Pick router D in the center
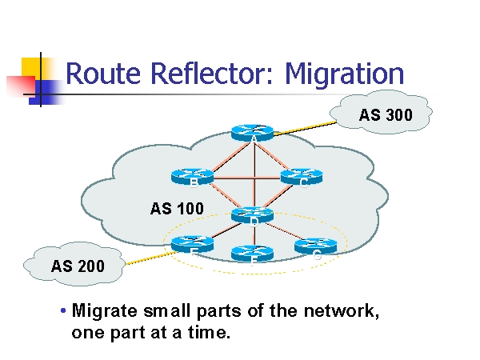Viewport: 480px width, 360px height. (x=253, y=214)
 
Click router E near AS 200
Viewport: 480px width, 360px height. (x=192, y=242)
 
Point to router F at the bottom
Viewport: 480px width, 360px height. (x=253, y=252)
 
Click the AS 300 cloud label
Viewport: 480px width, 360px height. (x=386, y=115)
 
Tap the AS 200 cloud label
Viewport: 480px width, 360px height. (x=78, y=266)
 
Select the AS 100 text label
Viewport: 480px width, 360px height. (x=177, y=209)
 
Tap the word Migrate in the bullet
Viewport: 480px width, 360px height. (x=102, y=310)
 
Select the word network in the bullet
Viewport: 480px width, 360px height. (x=337, y=310)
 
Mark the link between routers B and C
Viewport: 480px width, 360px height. (x=246, y=176)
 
